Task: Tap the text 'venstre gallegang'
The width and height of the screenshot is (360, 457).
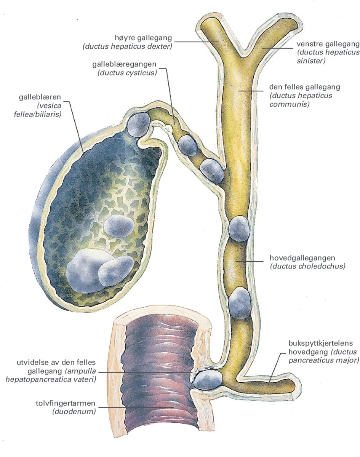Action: pos(328,44)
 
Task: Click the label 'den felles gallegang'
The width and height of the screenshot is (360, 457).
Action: pos(304,87)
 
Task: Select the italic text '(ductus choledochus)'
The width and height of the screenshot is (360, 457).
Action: pos(308,266)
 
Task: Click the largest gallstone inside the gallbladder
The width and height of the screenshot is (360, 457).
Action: pos(85,270)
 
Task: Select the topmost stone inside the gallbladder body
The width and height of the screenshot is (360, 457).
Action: pos(119,226)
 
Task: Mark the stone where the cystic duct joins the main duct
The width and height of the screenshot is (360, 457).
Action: pos(212,170)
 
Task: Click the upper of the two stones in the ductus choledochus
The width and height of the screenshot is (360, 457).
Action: pos(239,228)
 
